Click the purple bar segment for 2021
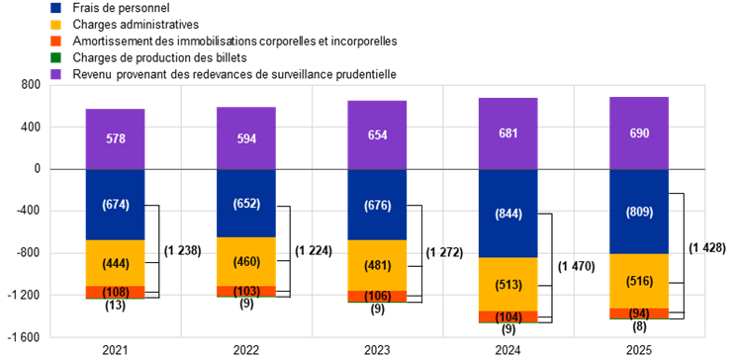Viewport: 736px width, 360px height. point(115,138)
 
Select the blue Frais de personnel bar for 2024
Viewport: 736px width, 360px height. point(507,213)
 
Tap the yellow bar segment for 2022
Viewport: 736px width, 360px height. point(246,261)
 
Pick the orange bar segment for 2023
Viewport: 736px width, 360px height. point(377,296)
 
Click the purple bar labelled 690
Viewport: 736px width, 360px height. point(639,133)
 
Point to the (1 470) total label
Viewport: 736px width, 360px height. point(576,267)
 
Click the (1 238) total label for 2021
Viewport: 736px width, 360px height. point(183,251)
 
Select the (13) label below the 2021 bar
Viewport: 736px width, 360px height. point(115,306)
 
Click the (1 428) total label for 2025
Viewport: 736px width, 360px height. point(707,248)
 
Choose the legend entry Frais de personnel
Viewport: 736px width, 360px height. point(121,8)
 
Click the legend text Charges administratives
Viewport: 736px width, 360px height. point(137,24)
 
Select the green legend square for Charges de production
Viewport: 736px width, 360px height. point(55,57)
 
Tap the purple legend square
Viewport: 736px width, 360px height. point(55,74)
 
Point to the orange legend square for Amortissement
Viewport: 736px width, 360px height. point(55,41)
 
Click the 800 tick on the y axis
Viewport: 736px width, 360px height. point(31,85)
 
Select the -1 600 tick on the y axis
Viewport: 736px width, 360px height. point(27,337)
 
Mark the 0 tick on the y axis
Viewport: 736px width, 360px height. point(38,169)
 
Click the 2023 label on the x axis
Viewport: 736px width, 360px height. point(377,351)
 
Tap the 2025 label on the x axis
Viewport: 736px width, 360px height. point(639,351)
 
